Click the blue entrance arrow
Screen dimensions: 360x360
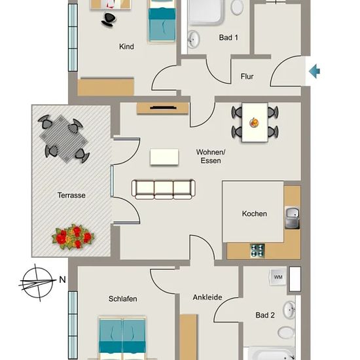pos(315,71)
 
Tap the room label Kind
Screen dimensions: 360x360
pos(126,46)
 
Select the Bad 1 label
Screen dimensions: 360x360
pos(228,37)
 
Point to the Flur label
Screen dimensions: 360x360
pos(247,77)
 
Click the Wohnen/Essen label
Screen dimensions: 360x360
pos(211,156)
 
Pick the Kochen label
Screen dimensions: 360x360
pos(255,214)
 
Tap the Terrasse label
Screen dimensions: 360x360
pos(71,196)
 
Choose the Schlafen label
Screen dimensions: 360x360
pos(123,298)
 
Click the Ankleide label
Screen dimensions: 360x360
pos(207,297)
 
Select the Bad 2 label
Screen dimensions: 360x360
pos(265,315)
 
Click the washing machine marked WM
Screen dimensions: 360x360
pos(278,277)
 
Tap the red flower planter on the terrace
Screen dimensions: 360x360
pos(73,237)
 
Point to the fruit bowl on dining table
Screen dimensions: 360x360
pos(255,122)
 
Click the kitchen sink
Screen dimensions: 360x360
pos(293,218)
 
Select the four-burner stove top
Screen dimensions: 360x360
pos(257,251)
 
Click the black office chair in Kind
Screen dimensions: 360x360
pos(108,20)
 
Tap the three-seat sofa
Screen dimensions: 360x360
pos(164,189)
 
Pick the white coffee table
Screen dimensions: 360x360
pos(164,157)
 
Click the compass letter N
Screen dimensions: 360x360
pos(62,279)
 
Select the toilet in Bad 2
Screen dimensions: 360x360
pos(286,333)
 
